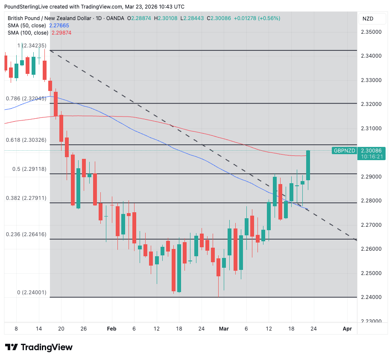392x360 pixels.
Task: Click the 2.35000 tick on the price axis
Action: [x=371, y=32]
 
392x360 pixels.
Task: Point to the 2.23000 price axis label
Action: [x=371, y=321]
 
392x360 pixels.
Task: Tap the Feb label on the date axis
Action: [x=111, y=328]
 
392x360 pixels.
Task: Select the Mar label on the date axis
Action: [x=224, y=328]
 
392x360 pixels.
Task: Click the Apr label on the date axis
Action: [x=347, y=328]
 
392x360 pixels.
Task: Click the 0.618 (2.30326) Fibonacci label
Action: [x=26, y=140]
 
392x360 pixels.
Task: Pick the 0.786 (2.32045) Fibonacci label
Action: [x=26, y=98]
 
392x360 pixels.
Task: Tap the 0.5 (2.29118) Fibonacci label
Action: [x=29, y=169]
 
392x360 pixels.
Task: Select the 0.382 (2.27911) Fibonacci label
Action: [x=26, y=198]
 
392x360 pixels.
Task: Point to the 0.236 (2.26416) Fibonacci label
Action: [x=26, y=234]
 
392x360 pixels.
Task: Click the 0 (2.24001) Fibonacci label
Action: [x=32, y=293]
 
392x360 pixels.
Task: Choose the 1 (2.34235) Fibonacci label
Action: [x=32, y=45]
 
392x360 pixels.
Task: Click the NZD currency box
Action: [x=368, y=18]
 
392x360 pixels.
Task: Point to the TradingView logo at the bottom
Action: [x=38, y=347]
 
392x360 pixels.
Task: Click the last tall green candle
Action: [x=308, y=165]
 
